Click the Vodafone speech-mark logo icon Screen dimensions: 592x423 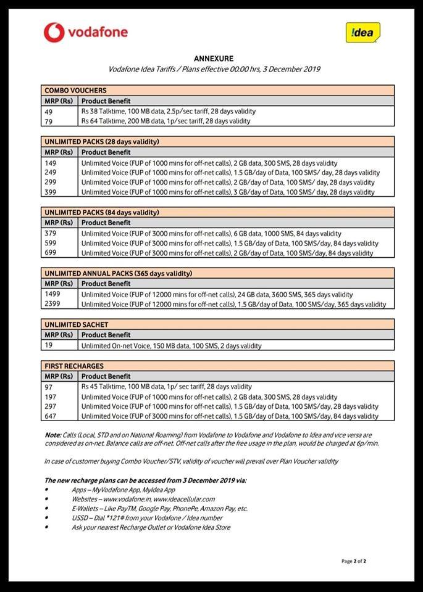click(54, 33)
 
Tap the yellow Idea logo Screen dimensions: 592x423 click(362, 33)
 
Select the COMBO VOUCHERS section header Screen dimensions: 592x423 click(75, 90)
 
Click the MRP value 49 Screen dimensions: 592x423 click(49, 112)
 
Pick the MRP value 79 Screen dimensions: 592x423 click(49, 121)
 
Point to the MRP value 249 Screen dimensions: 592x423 click(51, 173)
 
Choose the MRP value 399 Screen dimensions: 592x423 click(51, 192)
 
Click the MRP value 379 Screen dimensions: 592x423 click(51, 234)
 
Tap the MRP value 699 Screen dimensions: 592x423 click(51, 253)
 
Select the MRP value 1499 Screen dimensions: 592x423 click(52, 294)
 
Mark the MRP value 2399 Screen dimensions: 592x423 click(52, 304)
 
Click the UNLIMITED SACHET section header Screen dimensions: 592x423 click(76, 324)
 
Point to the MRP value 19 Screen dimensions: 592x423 click(49, 345)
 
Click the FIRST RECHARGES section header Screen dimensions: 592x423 click(74, 366)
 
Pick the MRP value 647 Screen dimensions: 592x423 click(51, 416)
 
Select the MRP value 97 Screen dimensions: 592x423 click(49, 387)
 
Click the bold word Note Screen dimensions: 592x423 click(52, 435)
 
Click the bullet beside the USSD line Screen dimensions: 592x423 click(46, 518)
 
